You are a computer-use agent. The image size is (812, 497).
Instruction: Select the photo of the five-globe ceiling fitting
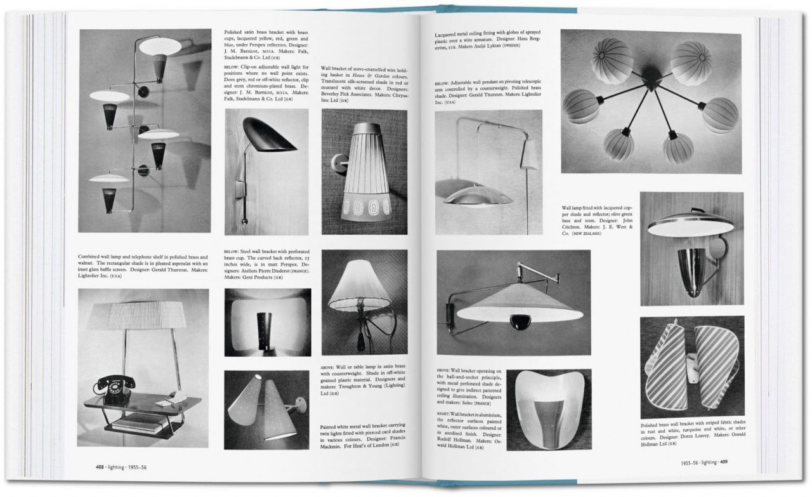pos(650,102)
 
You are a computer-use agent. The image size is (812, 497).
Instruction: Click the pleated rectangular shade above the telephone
pos(141,315)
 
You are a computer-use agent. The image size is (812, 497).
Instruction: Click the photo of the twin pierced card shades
pos(266,409)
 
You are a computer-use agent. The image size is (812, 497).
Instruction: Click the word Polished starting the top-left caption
pos(236,32)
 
